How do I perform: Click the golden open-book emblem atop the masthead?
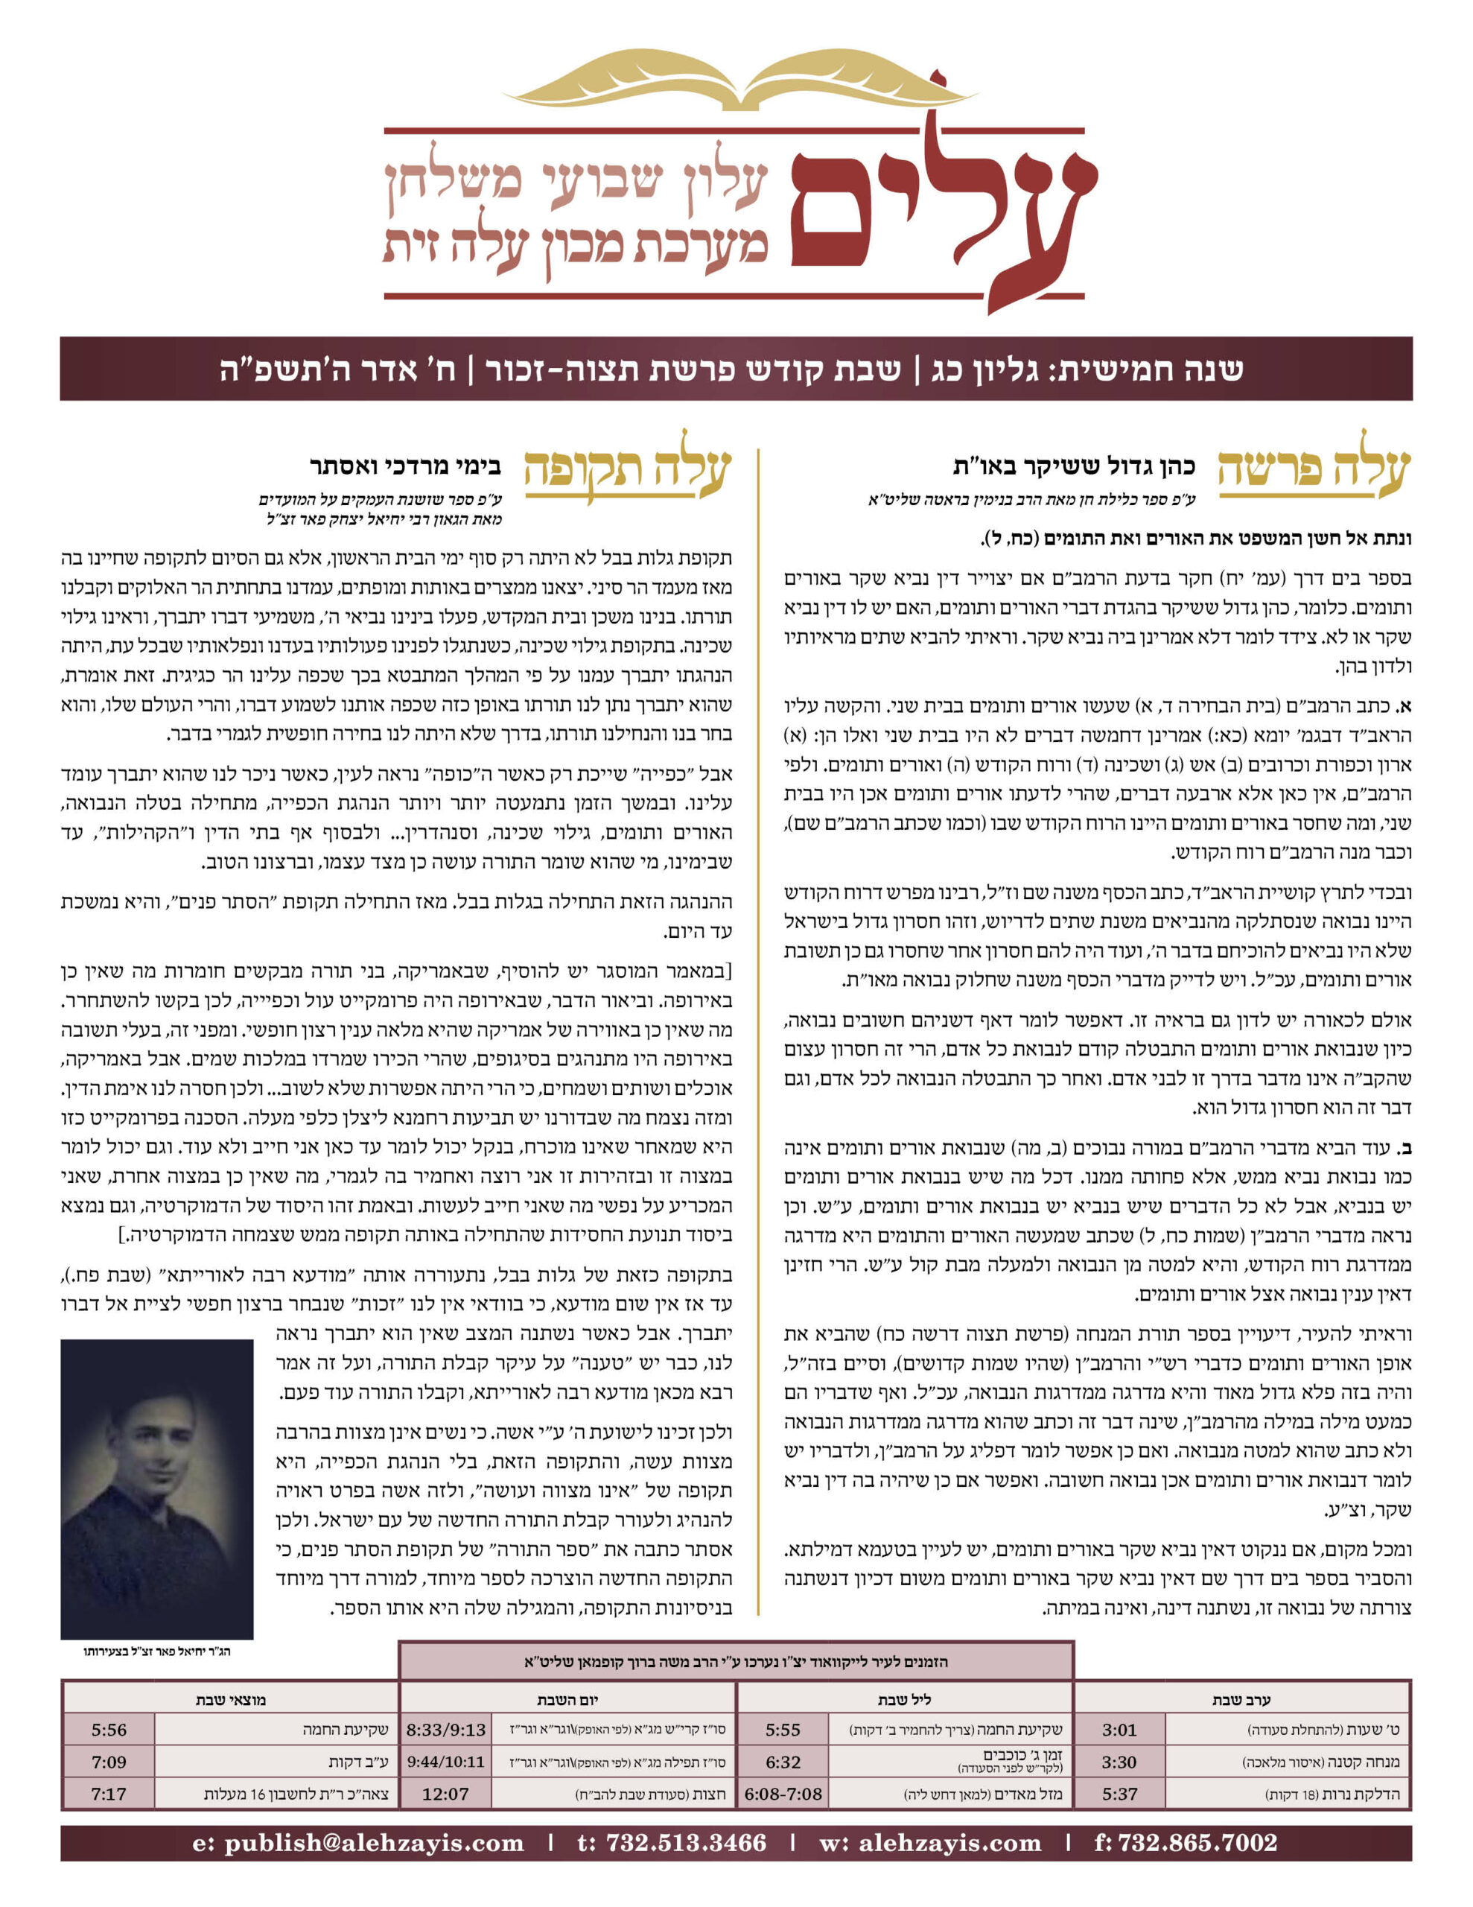click(x=736, y=81)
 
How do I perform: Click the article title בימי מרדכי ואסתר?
click(x=405, y=466)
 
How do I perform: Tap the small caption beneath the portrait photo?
click(x=157, y=1651)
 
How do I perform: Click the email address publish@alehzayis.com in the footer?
click(x=358, y=1843)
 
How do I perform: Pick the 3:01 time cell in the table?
click(x=1119, y=1730)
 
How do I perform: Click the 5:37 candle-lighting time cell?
click(x=1119, y=1795)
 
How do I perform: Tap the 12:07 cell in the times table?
click(x=445, y=1795)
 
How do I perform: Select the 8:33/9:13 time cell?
click(x=445, y=1730)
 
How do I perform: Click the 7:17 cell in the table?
click(x=108, y=1795)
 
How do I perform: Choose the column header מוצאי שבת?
click(x=231, y=1699)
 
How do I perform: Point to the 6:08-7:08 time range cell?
click(x=783, y=1795)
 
